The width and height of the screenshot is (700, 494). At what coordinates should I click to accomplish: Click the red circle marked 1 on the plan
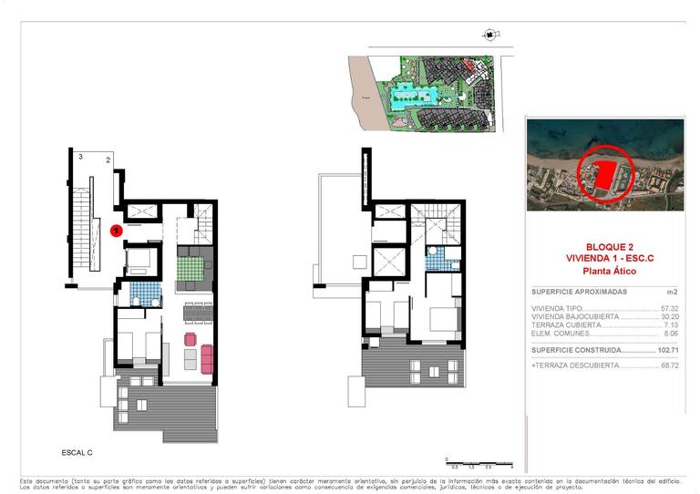tap(117, 231)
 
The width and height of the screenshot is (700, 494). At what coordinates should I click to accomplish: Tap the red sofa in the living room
tap(206, 357)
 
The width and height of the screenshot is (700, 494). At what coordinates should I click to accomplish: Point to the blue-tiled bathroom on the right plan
tap(443, 260)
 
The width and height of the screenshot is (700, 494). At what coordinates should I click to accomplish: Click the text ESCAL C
tap(77, 452)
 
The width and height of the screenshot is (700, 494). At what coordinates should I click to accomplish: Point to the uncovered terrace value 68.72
tap(670, 365)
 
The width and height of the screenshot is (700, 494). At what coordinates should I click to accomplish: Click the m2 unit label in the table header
tap(673, 293)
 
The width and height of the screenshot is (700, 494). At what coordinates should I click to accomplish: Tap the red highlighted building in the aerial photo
tap(602, 173)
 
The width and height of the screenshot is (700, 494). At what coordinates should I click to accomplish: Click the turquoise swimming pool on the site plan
tap(411, 94)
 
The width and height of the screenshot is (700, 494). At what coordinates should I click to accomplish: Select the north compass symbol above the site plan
tap(491, 35)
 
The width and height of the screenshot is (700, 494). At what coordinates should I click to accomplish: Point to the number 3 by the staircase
tap(80, 158)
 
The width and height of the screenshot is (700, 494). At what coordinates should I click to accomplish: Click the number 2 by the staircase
tap(108, 161)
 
